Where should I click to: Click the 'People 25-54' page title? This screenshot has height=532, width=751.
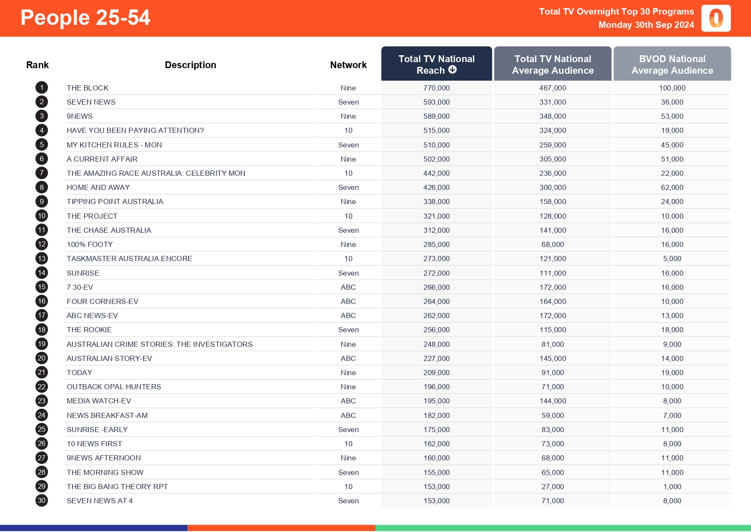click(x=85, y=18)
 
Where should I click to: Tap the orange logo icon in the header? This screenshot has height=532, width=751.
click(x=716, y=18)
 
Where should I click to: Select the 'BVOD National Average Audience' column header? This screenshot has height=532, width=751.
click(x=672, y=64)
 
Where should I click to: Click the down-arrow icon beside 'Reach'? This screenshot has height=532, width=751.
click(x=453, y=70)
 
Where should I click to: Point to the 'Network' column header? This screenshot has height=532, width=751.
click(x=348, y=65)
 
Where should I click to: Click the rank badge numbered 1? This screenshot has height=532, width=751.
click(x=42, y=88)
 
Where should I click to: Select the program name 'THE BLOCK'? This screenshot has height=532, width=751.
click(x=87, y=88)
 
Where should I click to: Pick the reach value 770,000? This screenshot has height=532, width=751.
click(x=436, y=88)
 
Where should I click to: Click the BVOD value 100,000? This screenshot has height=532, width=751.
click(x=672, y=88)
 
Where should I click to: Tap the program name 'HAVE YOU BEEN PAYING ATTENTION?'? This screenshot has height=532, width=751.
click(x=135, y=130)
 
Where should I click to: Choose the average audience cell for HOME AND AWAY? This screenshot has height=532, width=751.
click(x=552, y=187)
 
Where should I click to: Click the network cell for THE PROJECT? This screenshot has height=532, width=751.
click(x=348, y=216)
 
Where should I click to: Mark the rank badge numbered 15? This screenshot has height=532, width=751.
click(x=42, y=287)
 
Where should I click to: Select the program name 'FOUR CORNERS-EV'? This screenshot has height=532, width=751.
click(x=102, y=301)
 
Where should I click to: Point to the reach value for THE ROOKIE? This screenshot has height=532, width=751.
click(x=436, y=330)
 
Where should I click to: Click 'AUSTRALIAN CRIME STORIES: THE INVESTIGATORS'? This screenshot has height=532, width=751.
click(x=159, y=344)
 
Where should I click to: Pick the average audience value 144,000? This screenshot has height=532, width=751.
click(x=552, y=401)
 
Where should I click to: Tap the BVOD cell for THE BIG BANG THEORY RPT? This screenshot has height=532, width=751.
click(x=672, y=487)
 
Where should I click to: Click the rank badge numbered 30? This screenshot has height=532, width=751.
click(x=42, y=501)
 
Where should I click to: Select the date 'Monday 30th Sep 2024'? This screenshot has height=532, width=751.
click(x=646, y=25)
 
